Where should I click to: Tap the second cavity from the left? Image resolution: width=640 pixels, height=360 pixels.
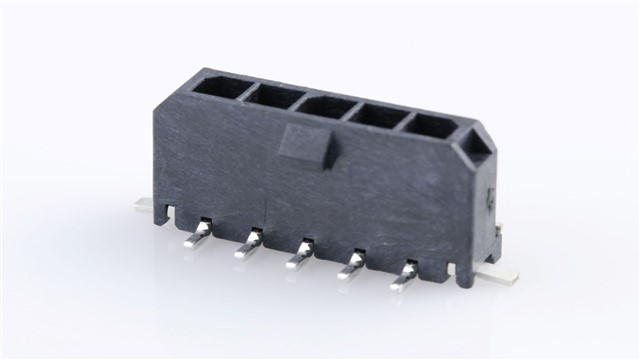click(268, 96)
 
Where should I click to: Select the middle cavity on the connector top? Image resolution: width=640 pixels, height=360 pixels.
click(323, 104)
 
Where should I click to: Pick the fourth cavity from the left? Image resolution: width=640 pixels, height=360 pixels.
click(378, 115)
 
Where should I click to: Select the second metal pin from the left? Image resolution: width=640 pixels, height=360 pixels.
click(250, 245)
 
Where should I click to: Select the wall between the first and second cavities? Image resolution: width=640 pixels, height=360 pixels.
click(243, 90)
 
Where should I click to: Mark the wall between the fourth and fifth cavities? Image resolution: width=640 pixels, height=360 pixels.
click(404, 118)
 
